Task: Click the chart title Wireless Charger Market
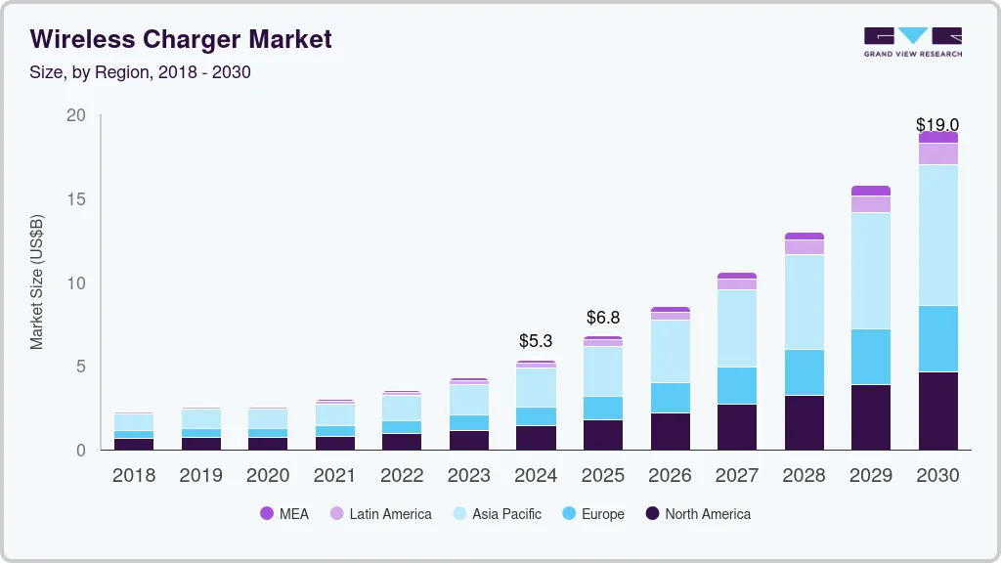click(181, 39)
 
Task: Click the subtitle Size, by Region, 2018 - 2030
click(141, 72)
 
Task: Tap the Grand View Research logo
click(912, 41)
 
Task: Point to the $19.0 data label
click(937, 124)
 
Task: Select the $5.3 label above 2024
click(536, 341)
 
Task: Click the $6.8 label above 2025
click(603, 317)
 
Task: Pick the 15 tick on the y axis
click(75, 199)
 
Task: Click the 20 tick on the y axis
click(75, 115)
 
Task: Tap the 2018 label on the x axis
click(133, 475)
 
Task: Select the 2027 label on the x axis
click(737, 475)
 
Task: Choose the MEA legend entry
click(283, 513)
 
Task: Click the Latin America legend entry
click(380, 513)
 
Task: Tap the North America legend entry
click(697, 513)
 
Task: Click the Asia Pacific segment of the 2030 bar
click(938, 235)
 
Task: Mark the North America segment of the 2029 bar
click(871, 416)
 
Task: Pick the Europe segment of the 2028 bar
click(804, 371)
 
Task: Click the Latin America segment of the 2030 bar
click(938, 153)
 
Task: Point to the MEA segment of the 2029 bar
click(871, 191)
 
